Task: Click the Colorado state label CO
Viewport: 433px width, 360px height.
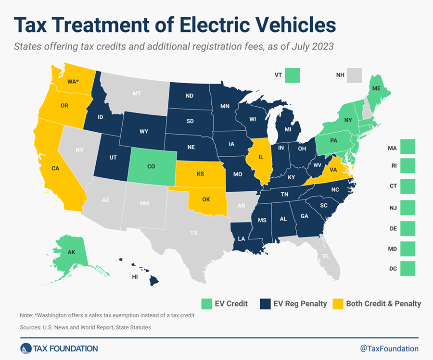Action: [x=151, y=166]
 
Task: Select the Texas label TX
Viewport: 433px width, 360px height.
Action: [x=193, y=233]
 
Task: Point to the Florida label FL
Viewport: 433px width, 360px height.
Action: [x=326, y=256]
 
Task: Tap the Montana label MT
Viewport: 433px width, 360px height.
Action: [x=137, y=94]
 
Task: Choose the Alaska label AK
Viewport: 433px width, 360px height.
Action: [x=71, y=253]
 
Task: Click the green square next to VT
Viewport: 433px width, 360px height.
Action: [x=292, y=75]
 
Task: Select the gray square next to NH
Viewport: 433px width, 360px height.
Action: [x=355, y=75]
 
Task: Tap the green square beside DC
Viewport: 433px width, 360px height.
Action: [x=407, y=268]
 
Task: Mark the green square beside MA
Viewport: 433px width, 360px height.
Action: [x=407, y=146]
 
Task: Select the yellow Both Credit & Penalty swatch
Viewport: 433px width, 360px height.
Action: [x=339, y=303]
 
